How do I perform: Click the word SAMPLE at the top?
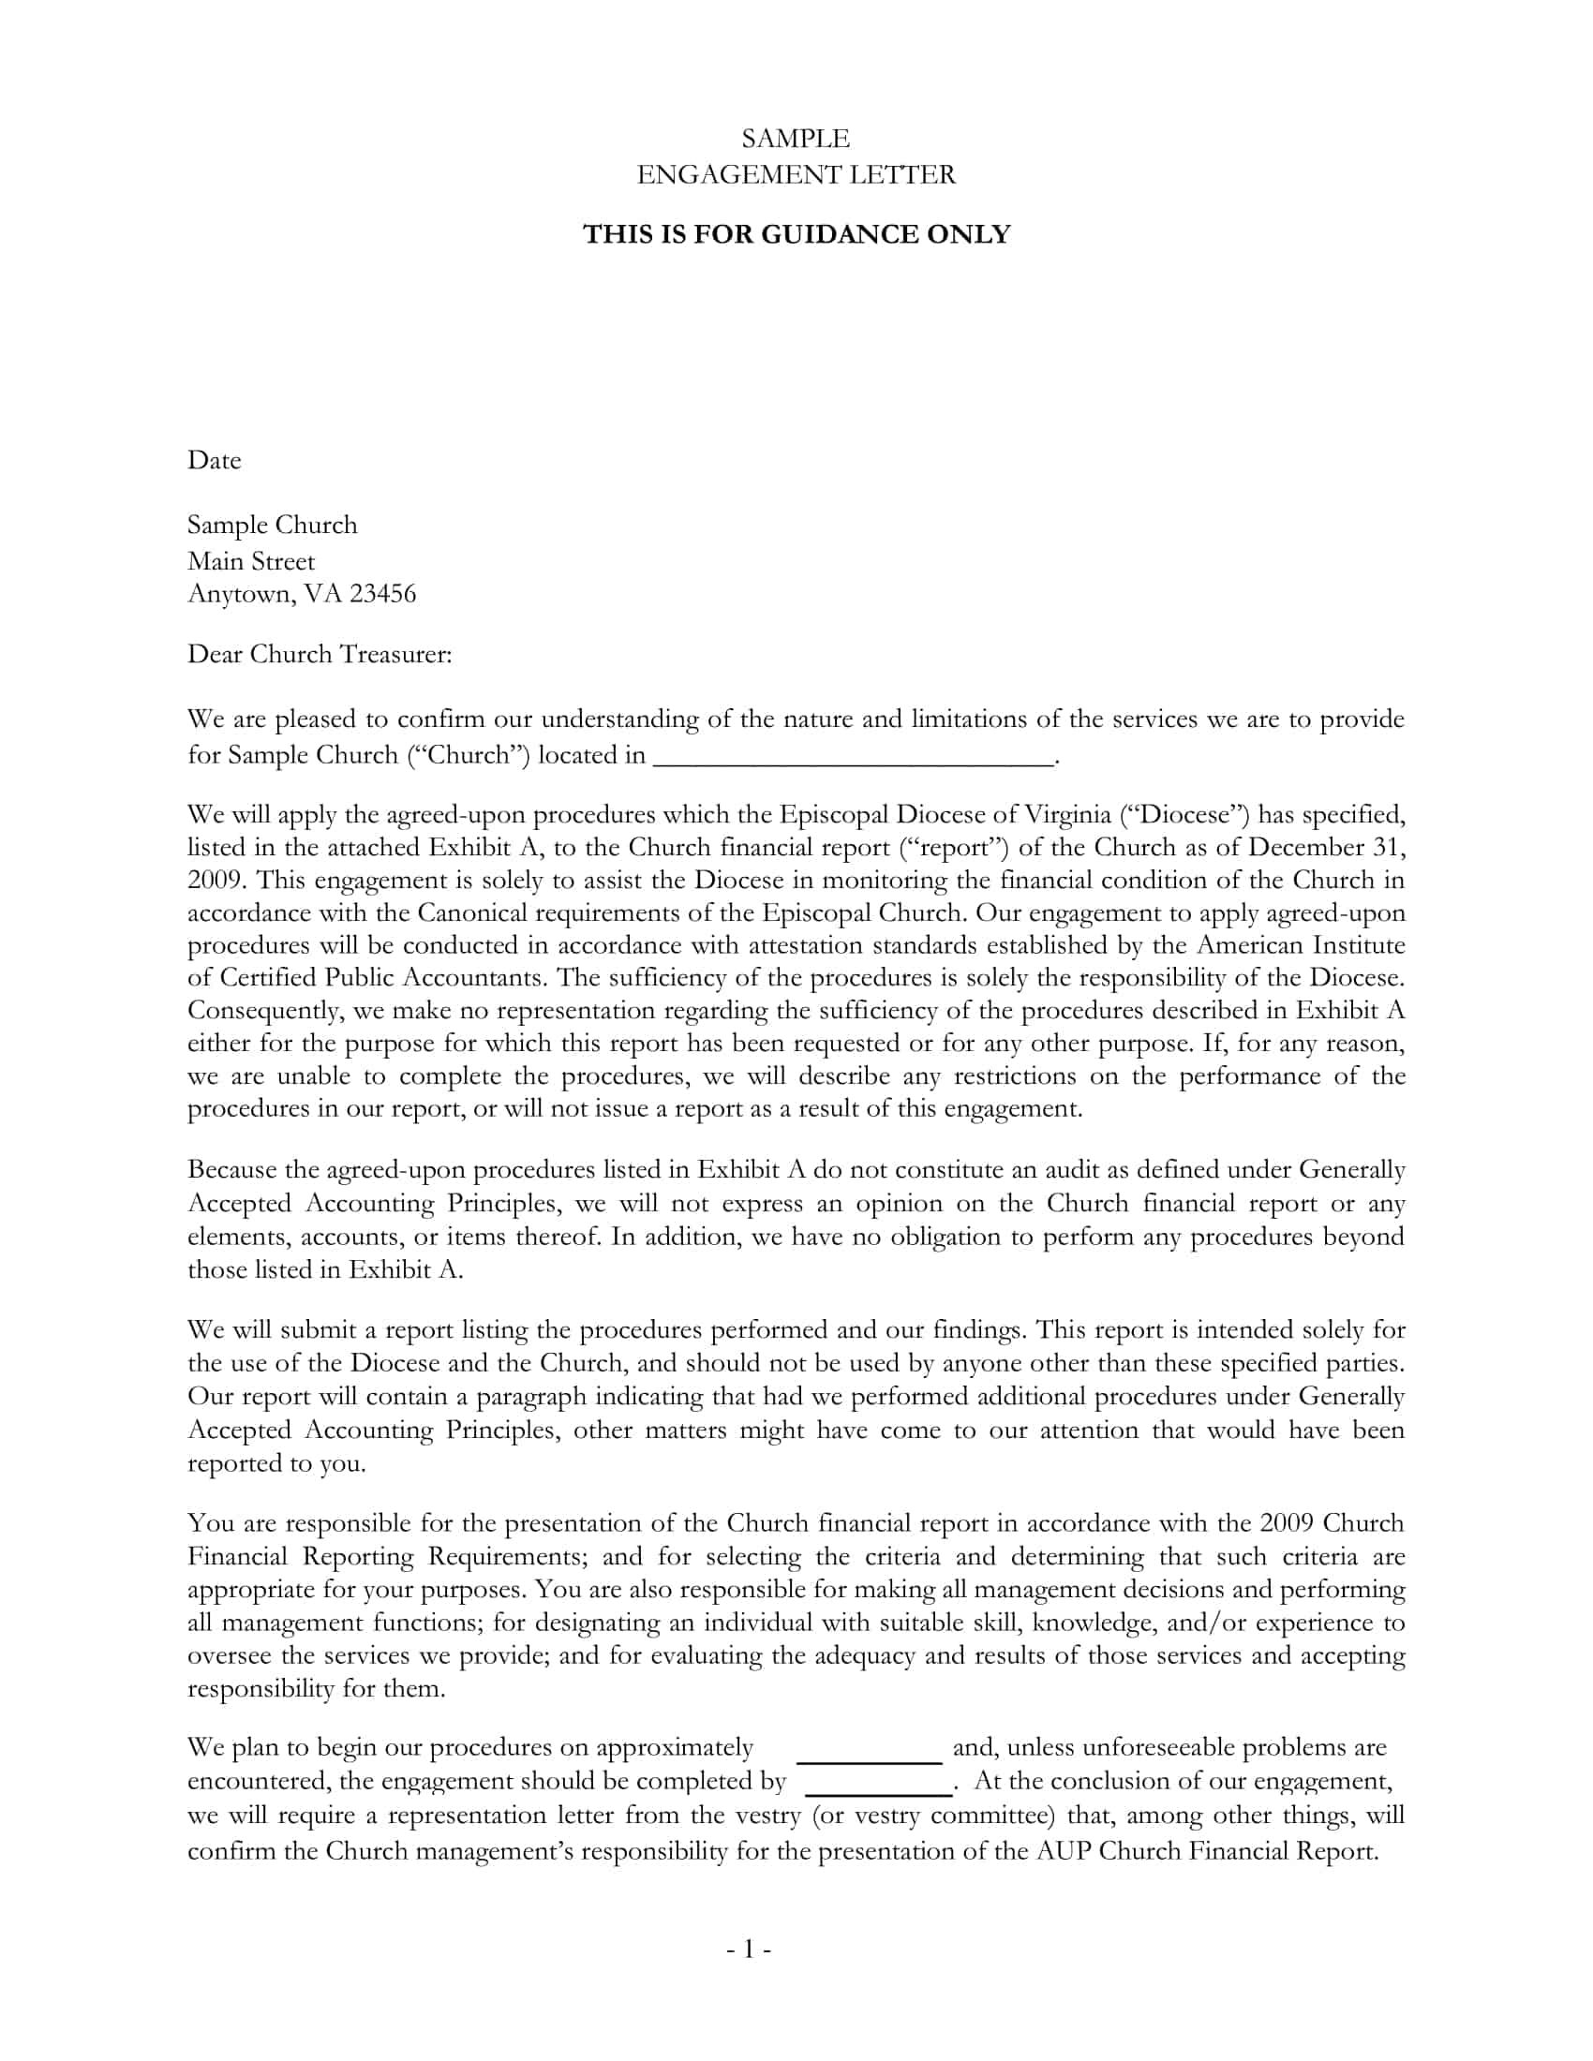click(x=796, y=139)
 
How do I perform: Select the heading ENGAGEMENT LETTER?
click(x=796, y=174)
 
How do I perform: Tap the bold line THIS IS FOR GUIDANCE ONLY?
click(x=796, y=234)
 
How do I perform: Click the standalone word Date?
click(x=215, y=461)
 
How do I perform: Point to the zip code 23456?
click(x=382, y=594)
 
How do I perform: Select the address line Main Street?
click(x=251, y=561)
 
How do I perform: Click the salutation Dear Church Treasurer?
click(x=320, y=654)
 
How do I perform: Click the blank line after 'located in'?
click(x=852, y=757)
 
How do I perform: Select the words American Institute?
click(x=1308, y=945)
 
